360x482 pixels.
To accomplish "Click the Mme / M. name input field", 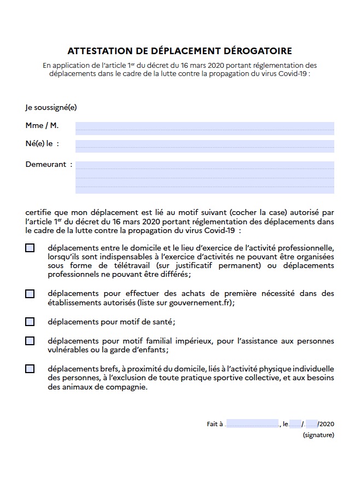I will coord(205,128).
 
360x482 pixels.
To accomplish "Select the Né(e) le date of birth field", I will coord(205,146).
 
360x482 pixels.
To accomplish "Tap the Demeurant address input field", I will coord(205,177).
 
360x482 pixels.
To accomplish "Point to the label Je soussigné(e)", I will coord(51,107).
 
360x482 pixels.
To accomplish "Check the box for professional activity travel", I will coord(30,248).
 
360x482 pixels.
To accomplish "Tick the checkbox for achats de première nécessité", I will coord(30,294).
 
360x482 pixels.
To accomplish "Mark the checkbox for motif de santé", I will coord(30,322).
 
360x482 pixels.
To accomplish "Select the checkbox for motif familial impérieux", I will coord(30,341).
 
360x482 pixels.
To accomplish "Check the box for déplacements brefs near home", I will coord(30,369).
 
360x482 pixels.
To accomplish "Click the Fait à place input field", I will coord(252,424).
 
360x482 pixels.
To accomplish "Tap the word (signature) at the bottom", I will coord(318,435).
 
